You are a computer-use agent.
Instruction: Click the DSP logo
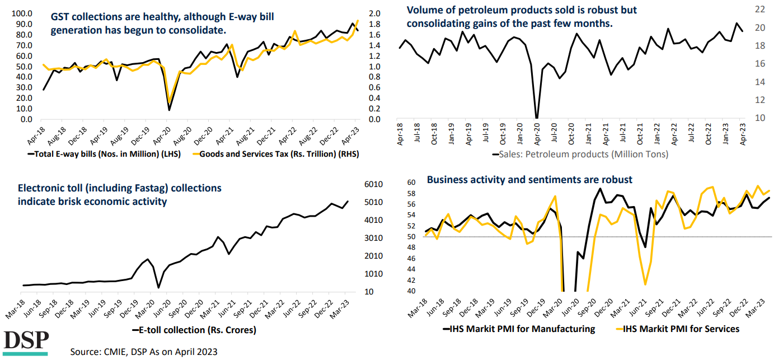point(26,343)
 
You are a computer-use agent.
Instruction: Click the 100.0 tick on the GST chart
point(22,13)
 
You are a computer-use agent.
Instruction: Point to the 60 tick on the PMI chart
point(411,183)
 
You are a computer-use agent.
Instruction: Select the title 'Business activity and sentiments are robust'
point(529,180)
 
